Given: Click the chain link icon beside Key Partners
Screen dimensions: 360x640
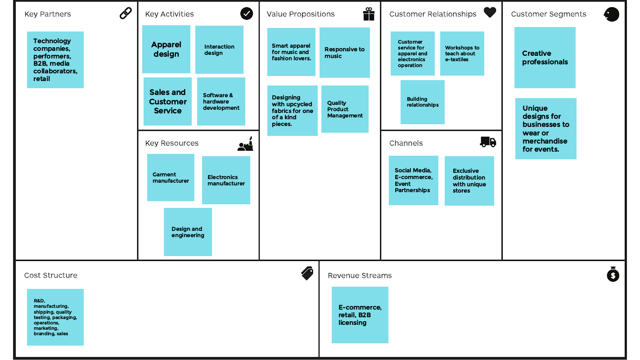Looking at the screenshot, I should (126, 13).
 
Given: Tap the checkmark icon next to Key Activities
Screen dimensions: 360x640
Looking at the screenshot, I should (247, 13).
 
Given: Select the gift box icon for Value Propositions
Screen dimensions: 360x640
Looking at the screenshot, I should (369, 14).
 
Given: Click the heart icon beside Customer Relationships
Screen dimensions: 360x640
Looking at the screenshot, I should (490, 13).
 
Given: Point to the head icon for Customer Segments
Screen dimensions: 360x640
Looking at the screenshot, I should (611, 14).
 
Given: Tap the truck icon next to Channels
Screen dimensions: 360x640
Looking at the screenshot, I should (488, 142).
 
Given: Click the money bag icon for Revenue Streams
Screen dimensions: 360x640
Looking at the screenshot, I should (613, 274).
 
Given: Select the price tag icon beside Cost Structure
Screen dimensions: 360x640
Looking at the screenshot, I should (307, 273).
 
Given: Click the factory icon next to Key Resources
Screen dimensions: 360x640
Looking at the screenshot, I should (245, 144).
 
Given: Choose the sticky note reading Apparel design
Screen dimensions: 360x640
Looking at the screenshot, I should (166, 49).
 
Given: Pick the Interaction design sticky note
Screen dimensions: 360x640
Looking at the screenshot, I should (219, 49).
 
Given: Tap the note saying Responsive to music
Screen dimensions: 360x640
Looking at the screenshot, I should (344, 53).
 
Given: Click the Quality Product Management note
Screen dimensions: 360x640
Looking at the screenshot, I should (345, 109).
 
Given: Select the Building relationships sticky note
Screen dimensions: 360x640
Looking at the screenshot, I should (422, 102).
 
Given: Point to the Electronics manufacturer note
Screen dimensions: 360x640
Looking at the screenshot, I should (226, 180).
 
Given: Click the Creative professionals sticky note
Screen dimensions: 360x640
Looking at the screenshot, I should (545, 58).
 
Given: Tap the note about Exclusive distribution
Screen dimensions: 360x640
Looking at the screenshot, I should (469, 181).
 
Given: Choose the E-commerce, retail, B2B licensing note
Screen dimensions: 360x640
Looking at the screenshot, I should (360, 315).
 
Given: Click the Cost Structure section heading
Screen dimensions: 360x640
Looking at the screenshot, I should (51, 275).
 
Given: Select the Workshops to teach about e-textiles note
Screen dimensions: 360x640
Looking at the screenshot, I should (462, 54).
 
